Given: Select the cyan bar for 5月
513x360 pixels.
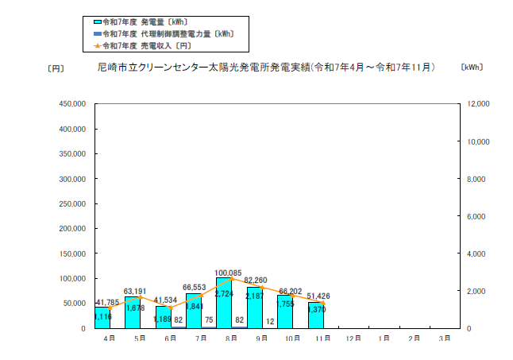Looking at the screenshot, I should pos(132,312).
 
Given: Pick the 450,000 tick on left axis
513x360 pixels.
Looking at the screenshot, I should pos(73,104).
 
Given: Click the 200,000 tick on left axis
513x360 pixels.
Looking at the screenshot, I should pos(73,228).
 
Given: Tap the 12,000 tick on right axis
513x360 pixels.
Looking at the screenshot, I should pos(480,104).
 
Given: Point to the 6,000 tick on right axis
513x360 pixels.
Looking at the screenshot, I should pos(477,216).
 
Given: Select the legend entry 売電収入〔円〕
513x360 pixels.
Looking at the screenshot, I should pos(148,45).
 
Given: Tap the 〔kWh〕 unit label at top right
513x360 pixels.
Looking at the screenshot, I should pos(471,68).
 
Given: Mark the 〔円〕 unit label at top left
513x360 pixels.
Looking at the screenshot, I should pos(56,68).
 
